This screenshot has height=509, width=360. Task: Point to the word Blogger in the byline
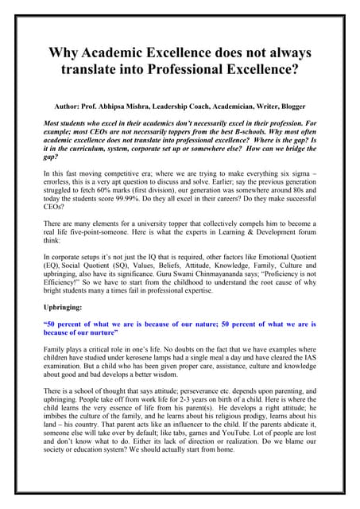[x=292, y=106]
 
